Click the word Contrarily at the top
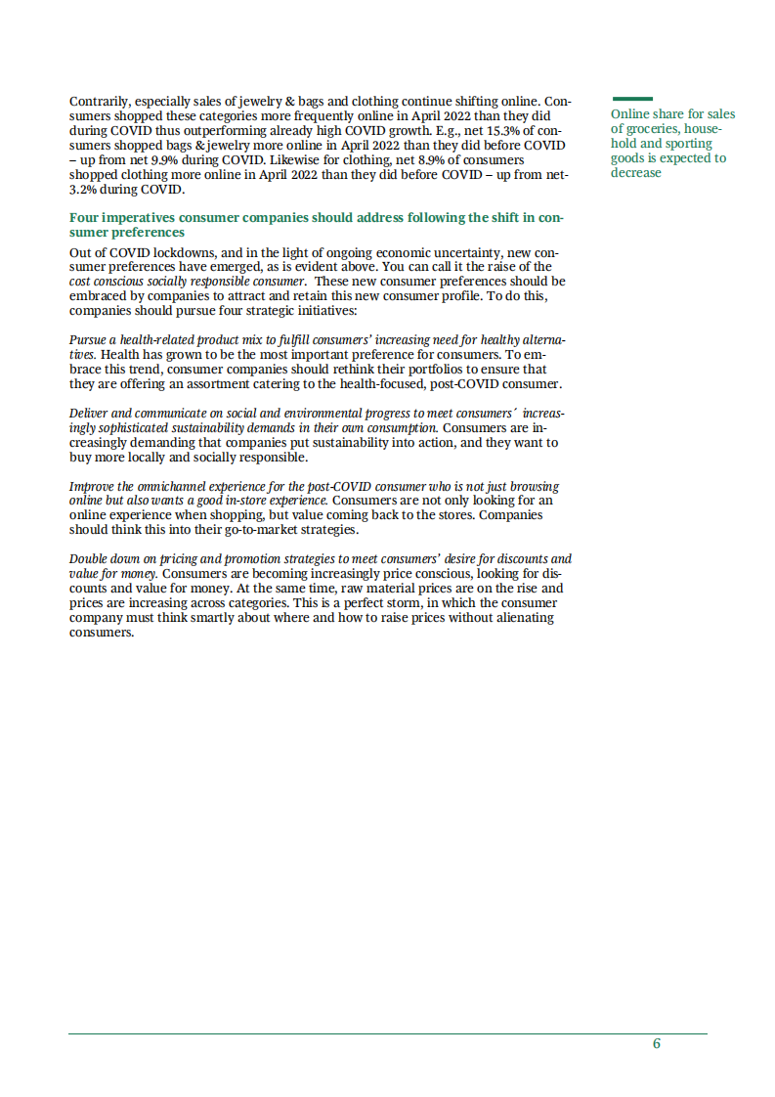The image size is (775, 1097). pyautogui.click(x=99, y=102)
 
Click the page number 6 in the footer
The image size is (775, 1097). pyautogui.click(x=657, y=1043)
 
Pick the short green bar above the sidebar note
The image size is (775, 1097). pyautogui.click(x=632, y=99)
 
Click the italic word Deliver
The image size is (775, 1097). pyautogui.click(x=91, y=414)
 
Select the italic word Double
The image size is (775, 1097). pyautogui.click(x=91, y=559)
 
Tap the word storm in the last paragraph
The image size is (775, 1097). pyautogui.click(x=398, y=603)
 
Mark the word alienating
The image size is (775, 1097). pyautogui.click(x=522, y=618)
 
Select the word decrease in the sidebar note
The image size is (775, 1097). pyautogui.click(x=636, y=173)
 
